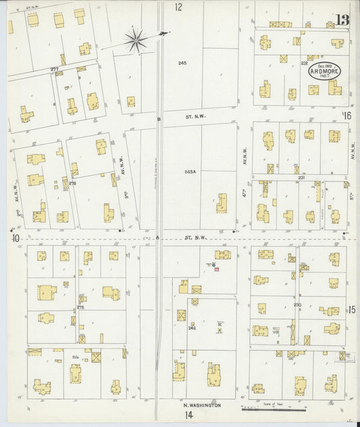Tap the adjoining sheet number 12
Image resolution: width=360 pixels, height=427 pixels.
click(178, 7)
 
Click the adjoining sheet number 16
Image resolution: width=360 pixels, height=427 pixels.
click(348, 116)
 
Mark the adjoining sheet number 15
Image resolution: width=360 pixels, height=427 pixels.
click(352, 309)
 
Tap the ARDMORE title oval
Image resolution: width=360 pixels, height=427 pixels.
click(325, 70)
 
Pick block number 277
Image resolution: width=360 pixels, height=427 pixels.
click(54, 69)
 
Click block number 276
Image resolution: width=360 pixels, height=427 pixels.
click(72, 183)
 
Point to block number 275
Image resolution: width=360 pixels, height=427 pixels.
click(80, 307)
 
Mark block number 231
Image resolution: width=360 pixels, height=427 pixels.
click(302, 177)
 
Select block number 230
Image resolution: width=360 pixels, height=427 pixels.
click(297, 305)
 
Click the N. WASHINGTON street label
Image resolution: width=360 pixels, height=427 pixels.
click(203, 405)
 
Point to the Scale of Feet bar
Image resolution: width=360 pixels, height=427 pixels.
click(277, 409)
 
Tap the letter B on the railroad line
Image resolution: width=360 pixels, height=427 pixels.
click(159, 120)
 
